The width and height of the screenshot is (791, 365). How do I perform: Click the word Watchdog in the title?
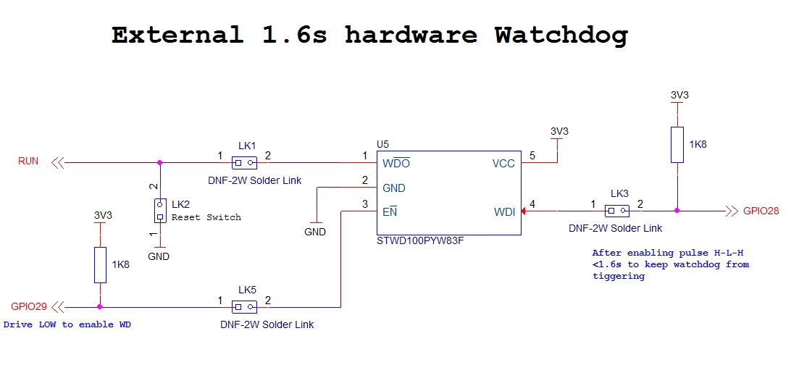click(x=561, y=35)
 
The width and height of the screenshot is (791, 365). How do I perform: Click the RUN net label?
click(x=28, y=161)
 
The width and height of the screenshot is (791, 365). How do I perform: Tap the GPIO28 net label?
click(x=761, y=211)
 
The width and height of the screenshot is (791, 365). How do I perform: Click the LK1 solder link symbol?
click(x=243, y=162)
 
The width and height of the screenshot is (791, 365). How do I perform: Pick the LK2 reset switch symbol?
click(x=159, y=211)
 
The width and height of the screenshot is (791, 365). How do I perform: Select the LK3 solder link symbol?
click(x=617, y=211)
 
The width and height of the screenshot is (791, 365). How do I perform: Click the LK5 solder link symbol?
click(x=243, y=306)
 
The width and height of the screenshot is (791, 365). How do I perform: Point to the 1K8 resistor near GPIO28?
click(x=677, y=144)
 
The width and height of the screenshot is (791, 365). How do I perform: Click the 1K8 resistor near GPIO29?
click(x=100, y=264)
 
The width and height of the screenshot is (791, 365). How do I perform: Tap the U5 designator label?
click(x=382, y=145)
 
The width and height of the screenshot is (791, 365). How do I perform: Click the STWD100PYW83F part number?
click(x=420, y=240)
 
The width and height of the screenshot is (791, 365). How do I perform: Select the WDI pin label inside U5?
click(x=504, y=212)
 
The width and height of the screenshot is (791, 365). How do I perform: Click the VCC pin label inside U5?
click(x=503, y=164)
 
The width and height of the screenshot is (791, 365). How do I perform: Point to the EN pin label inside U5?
click(x=390, y=212)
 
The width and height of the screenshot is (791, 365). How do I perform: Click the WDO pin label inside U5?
click(x=395, y=164)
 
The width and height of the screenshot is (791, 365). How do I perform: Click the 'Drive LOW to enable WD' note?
click(x=68, y=324)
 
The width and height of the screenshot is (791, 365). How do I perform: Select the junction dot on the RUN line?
click(x=159, y=162)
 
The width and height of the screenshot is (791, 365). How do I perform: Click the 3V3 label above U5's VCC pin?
click(x=559, y=131)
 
